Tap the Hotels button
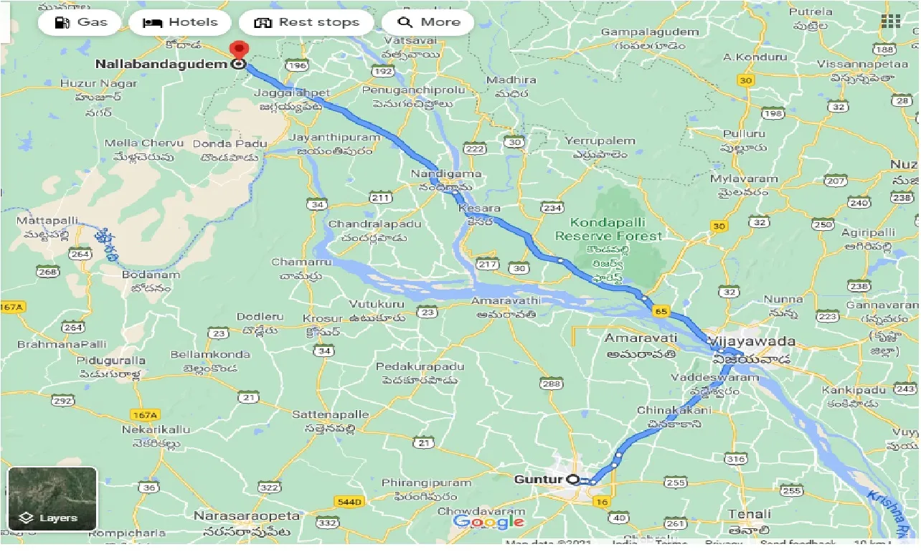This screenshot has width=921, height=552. [180, 22]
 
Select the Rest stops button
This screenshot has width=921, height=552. [306, 22]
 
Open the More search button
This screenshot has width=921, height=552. [428, 22]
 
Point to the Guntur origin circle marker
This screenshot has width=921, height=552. [572, 479]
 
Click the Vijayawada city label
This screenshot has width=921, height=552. [752, 341]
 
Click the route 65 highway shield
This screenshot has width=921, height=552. [661, 312]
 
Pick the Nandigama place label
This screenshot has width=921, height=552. [446, 174]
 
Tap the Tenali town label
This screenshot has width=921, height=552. [749, 514]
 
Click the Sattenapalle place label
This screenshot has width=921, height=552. [331, 414]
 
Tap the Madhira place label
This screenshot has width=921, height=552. [511, 80]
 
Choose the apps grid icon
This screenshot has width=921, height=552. [890, 22]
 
